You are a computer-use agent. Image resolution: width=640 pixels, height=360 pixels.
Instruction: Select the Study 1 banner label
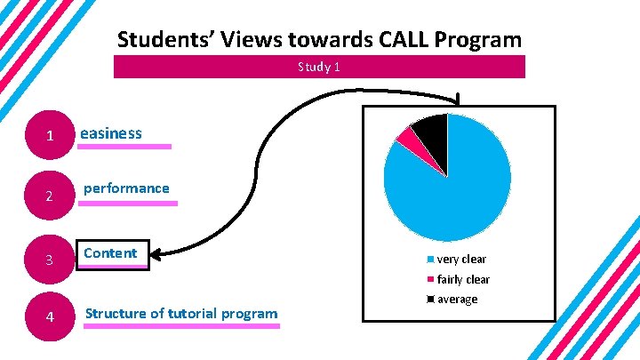[x=319, y=67]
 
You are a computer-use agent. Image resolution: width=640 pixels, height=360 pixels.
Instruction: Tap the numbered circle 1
[x=51, y=136]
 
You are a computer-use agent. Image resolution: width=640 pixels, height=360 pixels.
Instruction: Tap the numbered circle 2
[x=51, y=196]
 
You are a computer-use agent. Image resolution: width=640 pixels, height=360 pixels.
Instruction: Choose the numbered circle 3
[x=51, y=260]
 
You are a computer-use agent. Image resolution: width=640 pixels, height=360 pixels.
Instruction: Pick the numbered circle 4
[x=51, y=317]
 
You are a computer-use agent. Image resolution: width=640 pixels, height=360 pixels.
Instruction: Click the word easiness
[x=111, y=133]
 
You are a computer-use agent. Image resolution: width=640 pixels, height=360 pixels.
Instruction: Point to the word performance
[x=126, y=188]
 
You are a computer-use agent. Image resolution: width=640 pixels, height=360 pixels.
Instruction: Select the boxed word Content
[x=110, y=253]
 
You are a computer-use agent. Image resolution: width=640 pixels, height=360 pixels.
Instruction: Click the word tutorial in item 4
[x=190, y=313]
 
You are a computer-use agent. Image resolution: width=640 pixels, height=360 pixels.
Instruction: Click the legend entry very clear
[x=460, y=260]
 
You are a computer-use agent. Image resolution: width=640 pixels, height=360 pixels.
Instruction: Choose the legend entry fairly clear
[x=462, y=279]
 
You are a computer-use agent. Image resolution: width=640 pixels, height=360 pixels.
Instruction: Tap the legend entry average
[x=457, y=299]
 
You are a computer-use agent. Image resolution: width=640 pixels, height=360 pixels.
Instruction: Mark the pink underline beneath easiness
[x=124, y=147]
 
